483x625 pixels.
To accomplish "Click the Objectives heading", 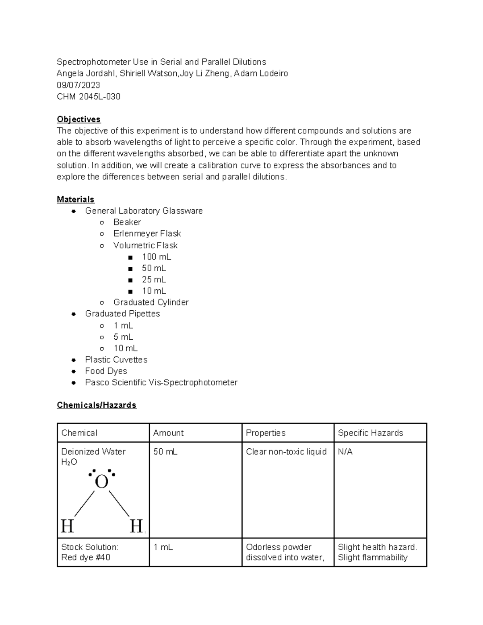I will point(78,120).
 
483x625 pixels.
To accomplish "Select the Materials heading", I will point(76,200).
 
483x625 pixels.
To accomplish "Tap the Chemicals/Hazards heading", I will point(97,405).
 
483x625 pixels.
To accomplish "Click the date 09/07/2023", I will point(78,85).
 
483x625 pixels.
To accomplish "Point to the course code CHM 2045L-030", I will point(89,97).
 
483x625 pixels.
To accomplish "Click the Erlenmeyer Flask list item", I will point(147,234).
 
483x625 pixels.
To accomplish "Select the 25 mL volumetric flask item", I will point(154,280).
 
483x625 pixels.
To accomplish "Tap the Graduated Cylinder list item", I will point(151,302).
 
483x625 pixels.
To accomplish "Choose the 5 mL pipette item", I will point(123,337).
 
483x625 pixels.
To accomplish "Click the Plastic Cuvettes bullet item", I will point(116,360).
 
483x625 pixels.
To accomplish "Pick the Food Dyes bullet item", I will point(106,371).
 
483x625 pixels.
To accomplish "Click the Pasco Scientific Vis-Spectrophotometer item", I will point(161,382).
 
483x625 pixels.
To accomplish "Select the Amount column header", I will point(168,433).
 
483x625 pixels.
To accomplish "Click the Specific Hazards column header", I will point(370,433).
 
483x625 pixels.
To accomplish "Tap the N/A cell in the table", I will point(345,452).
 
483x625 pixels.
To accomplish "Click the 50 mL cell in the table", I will point(165,452).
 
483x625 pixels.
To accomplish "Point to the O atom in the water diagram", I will point(101,482).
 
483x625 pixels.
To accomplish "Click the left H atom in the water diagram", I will point(67,526).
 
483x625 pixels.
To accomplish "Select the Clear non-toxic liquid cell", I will point(286,452).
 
